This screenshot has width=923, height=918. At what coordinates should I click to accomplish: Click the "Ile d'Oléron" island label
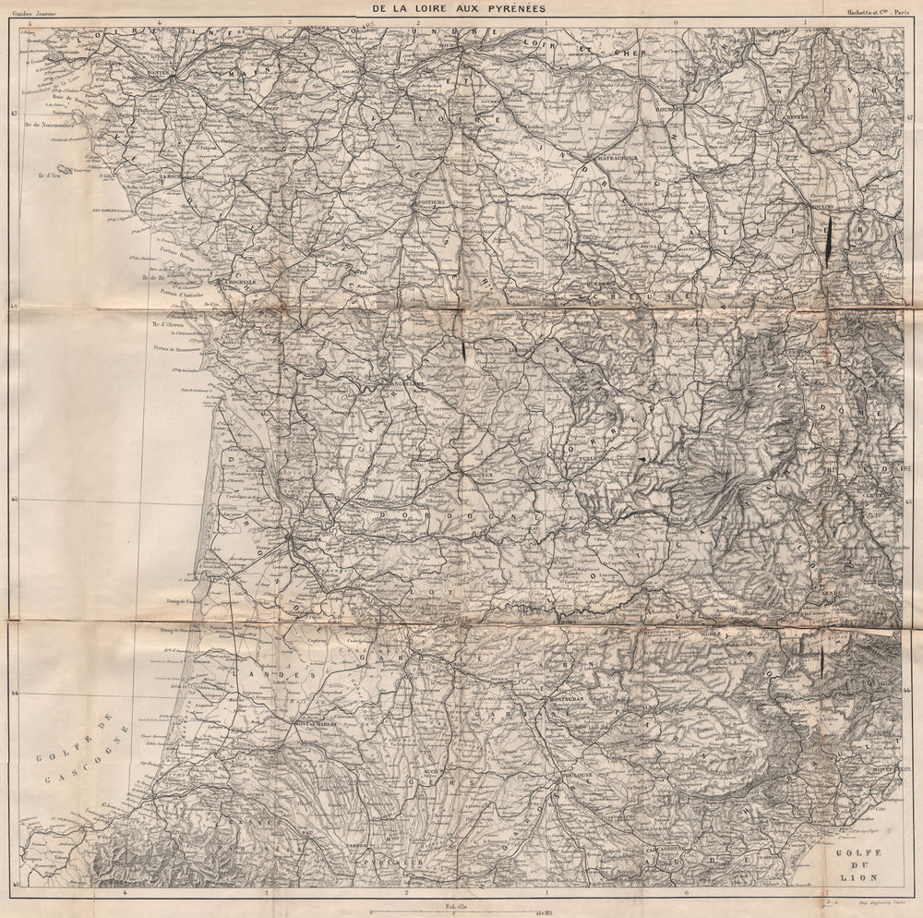166,324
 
